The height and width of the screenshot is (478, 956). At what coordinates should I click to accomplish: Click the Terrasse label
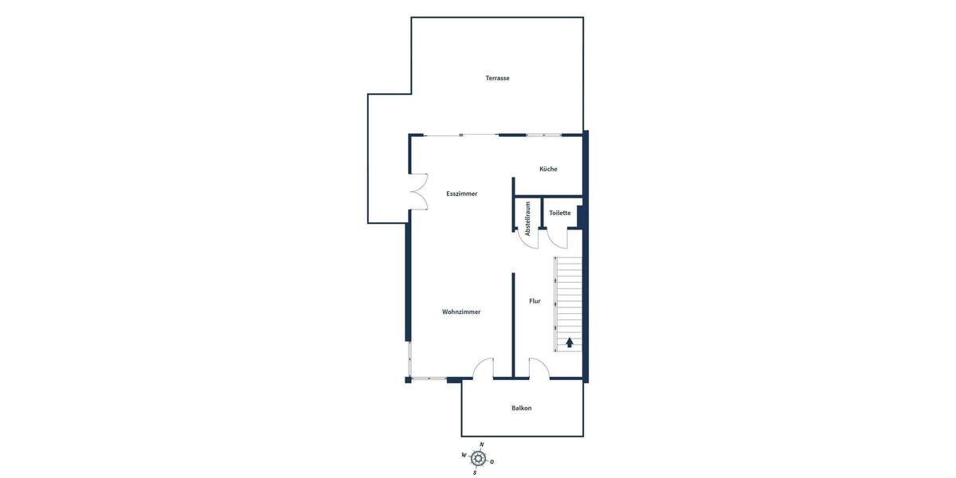(x=497, y=78)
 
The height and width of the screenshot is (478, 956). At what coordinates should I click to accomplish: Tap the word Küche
(x=548, y=169)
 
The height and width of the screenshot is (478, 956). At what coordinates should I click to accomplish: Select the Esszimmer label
(x=461, y=194)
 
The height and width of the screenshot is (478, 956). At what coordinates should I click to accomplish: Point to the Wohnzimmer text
(x=461, y=311)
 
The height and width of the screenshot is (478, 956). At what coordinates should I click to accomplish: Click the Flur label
(x=535, y=301)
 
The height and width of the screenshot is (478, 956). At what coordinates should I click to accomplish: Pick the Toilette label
(x=559, y=213)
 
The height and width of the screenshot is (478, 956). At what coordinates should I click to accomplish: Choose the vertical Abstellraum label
(x=527, y=217)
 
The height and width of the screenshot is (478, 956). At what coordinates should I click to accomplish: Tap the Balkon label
(x=521, y=408)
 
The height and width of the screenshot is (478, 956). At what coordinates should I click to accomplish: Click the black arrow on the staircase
(x=570, y=343)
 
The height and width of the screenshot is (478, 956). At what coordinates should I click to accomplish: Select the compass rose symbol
(x=478, y=458)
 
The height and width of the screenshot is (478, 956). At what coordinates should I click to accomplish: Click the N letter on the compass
(x=481, y=445)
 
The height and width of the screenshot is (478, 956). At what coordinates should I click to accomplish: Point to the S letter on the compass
(x=475, y=472)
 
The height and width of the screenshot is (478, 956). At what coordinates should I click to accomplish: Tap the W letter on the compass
(x=464, y=455)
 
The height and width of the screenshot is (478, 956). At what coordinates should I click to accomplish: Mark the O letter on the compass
(x=492, y=461)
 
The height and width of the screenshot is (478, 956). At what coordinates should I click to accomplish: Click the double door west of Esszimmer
(x=418, y=192)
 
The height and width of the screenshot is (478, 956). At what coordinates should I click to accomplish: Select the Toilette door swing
(x=557, y=238)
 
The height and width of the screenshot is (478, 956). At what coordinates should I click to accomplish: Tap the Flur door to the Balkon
(x=539, y=369)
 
